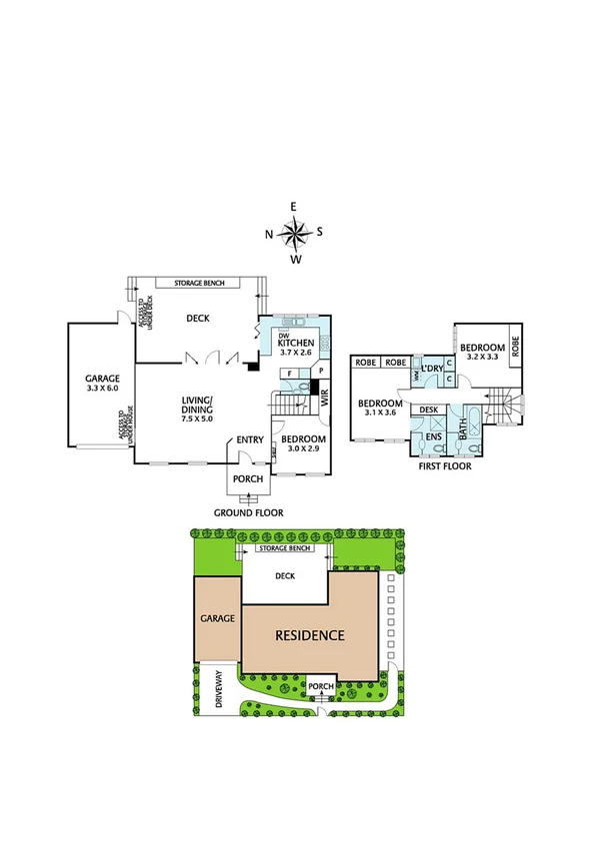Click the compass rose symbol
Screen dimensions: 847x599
pos(294,234)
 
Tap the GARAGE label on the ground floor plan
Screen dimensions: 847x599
pos(102,379)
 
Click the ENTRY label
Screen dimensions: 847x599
pos(249,439)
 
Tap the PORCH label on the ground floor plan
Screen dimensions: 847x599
pos(248,478)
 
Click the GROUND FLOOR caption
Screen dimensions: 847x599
pos(248,512)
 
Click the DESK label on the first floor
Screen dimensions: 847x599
pos(429,410)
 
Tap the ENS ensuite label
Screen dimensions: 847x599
pos(433,436)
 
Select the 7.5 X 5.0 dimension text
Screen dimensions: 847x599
pos(197,421)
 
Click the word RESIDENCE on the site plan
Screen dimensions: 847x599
pos(310,635)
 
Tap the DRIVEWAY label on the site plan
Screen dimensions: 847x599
pos(219,690)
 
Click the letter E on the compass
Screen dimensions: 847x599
pos(294,206)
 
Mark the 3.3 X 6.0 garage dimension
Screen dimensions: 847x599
pos(102,391)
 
